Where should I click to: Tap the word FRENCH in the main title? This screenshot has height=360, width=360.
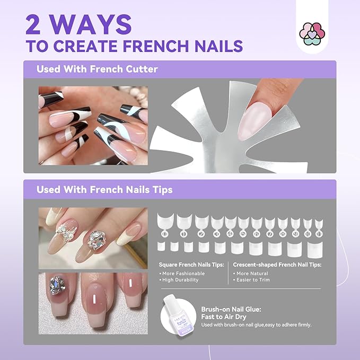[159, 45]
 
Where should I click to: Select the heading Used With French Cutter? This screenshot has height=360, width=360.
[97, 69]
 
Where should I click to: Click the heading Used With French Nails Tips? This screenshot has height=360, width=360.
[104, 189]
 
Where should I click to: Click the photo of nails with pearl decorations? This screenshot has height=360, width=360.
[93, 238]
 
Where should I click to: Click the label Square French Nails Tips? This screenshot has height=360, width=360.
[191, 265]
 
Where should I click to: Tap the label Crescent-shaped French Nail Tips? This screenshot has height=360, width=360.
[277, 265]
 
